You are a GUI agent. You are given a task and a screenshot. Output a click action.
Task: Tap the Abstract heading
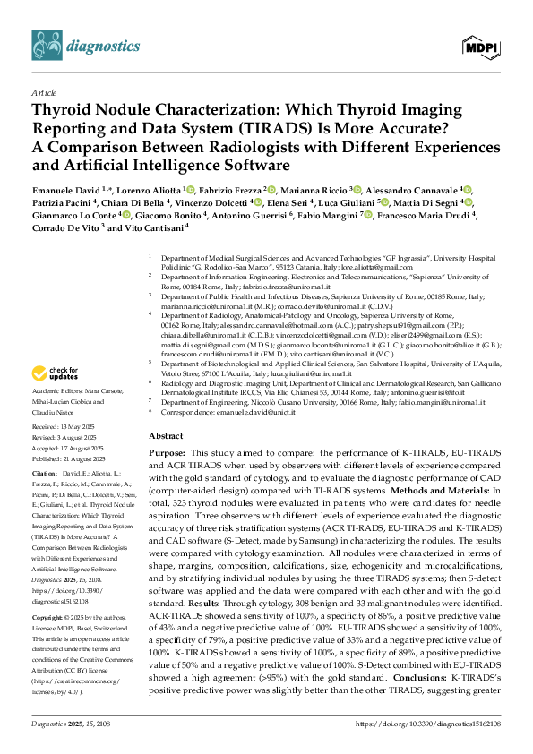166,435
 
